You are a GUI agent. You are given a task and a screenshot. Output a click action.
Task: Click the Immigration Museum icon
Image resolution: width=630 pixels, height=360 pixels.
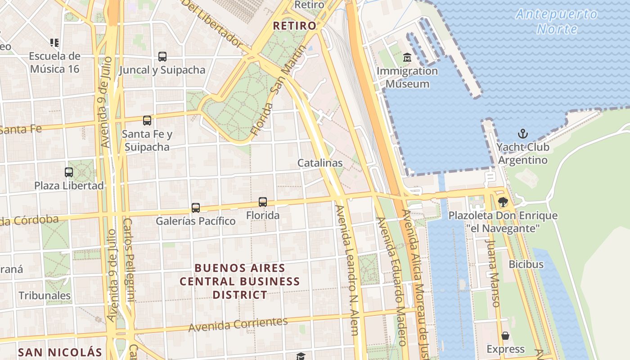[x=407, y=58]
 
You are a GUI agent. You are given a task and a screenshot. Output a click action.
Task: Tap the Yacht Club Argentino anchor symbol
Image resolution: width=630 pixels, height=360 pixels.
[x=522, y=134]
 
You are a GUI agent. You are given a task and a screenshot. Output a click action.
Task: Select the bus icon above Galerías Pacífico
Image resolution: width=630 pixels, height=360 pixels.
[x=195, y=208]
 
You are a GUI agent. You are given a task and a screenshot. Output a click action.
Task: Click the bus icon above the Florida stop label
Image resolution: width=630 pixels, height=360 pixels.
[x=263, y=202]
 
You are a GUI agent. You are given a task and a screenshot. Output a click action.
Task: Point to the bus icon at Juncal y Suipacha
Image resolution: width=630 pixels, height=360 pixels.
[x=162, y=57]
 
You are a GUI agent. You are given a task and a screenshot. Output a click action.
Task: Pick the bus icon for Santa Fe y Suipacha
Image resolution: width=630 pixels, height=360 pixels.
[x=147, y=121]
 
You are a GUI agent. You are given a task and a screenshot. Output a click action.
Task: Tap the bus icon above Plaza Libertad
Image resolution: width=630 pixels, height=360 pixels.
[x=69, y=172]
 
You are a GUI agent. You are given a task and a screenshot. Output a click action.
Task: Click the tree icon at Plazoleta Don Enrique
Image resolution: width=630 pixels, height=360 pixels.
[x=503, y=202]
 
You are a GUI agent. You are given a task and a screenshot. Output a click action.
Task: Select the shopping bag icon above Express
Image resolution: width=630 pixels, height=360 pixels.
[x=505, y=336]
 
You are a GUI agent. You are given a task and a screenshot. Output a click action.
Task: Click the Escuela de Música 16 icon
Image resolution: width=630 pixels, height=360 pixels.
[x=54, y=43]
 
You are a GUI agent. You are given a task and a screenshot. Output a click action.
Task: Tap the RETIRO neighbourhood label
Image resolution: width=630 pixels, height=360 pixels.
[x=295, y=26]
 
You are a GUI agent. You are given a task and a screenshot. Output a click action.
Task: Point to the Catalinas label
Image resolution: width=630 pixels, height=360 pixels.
[x=320, y=163]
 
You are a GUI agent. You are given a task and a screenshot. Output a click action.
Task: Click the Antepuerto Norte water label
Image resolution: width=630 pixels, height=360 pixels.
[x=557, y=22]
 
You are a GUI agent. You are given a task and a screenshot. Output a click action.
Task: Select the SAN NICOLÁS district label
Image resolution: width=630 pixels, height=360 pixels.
[x=60, y=351]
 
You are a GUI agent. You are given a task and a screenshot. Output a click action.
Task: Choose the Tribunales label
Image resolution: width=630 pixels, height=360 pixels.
[x=45, y=296]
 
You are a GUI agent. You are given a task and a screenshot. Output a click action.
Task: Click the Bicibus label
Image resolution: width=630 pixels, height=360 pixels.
[x=526, y=264]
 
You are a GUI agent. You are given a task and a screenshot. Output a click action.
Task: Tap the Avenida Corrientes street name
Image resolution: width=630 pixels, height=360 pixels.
[x=238, y=324]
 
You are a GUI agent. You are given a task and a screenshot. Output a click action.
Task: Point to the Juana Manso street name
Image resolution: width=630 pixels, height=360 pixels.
[x=493, y=273]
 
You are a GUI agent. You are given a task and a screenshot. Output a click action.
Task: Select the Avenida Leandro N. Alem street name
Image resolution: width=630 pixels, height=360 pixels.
[x=347, y=270]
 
